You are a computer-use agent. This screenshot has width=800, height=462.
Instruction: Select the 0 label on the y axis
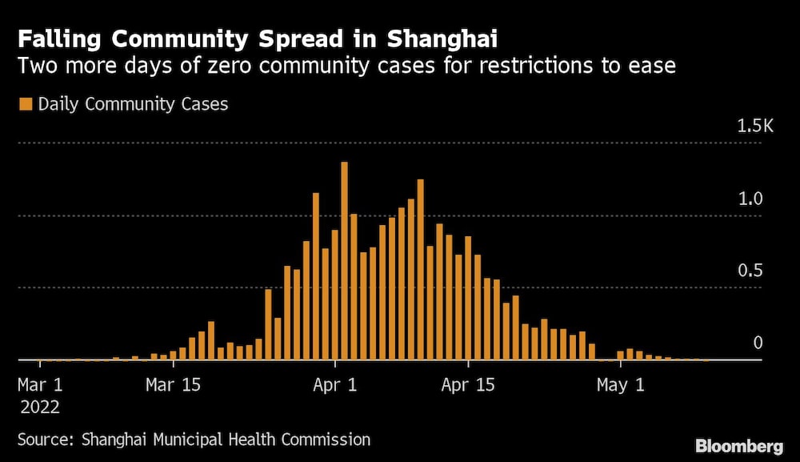758,343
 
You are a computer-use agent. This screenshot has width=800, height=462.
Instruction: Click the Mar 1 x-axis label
40,384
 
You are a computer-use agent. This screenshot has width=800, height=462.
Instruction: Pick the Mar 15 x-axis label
173,384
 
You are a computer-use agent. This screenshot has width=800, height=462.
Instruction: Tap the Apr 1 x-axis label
335,384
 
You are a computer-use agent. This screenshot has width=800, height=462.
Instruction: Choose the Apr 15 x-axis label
468,384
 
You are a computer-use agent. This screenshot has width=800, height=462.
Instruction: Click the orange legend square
25,104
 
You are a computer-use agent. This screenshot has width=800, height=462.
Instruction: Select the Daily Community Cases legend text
133,104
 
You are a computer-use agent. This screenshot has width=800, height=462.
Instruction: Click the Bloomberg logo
739,445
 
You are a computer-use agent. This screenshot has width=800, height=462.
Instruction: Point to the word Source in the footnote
43,439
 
